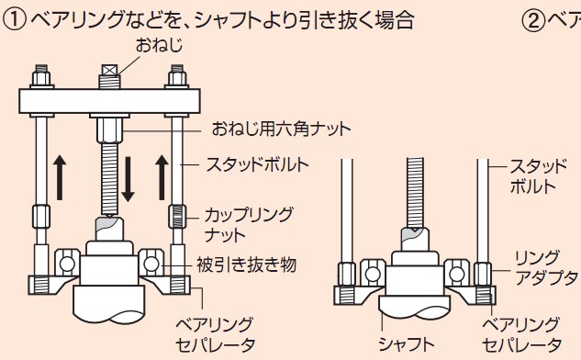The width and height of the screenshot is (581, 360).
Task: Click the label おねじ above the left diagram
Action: click(x=159, y=46)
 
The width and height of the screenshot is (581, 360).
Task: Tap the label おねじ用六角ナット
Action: click(x=281, y=129)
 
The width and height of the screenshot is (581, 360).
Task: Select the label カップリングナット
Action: click(x=249, y=224)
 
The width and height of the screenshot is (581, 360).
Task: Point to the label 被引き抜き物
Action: click(x=247, y=264)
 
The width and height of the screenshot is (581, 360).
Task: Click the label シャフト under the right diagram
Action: click(x=406, y=344)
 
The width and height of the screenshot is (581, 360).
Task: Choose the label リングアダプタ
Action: click(x=546, y=267)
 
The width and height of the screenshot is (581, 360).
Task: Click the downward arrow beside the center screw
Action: click(x=128, y=179)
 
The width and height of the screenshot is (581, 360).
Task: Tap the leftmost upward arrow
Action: click(x=60, y=177)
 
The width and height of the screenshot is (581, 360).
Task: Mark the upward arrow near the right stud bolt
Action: click(x=162, y=177)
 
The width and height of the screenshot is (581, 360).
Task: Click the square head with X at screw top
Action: click(x=109, y=70)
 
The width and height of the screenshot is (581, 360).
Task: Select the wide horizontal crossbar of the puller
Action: click(x=109, y=101)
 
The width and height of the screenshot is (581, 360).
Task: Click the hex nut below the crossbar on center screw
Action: click(x=109, y=130)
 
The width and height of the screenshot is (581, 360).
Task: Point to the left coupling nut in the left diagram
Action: click(x=41, y=216)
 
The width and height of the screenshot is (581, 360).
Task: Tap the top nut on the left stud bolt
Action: click(x=41, y=78)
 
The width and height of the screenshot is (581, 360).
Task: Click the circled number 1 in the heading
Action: click(x=14, y=20)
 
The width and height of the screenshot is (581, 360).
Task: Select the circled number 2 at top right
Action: click(x=533, y=20)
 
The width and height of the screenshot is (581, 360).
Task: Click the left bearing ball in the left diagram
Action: click(x=67, y=264)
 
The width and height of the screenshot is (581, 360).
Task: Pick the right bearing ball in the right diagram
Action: click(x=456, y=275)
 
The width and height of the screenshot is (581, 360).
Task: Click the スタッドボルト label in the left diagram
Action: click(x=258, y=164)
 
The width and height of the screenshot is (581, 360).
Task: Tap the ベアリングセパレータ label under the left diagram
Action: click(x=215, y=335)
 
